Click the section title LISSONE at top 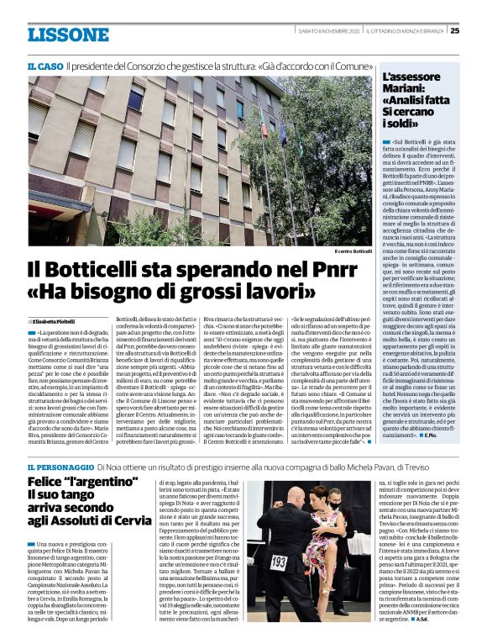68,34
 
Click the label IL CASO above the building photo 45,65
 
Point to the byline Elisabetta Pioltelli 56,322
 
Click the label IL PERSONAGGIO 59,467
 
